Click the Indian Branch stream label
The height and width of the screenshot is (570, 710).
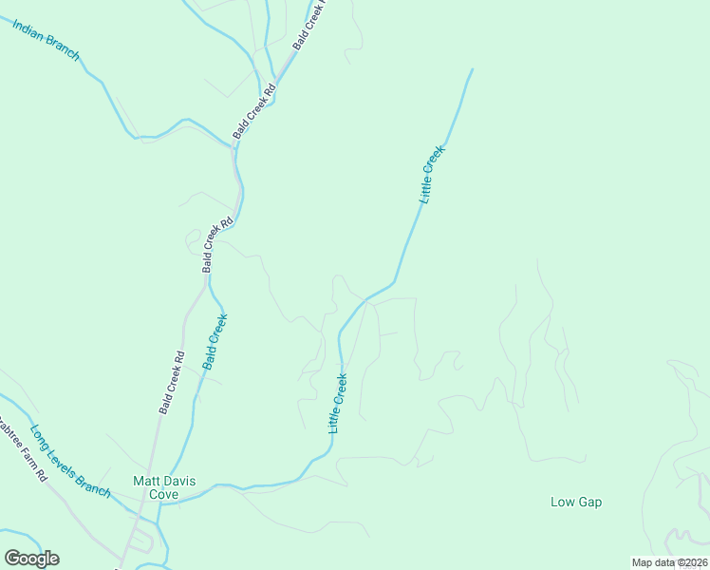(45, 38)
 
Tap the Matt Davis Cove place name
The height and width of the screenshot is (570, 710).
(163, 487)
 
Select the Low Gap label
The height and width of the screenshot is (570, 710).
(576, 502)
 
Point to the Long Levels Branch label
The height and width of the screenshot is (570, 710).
(69, 461)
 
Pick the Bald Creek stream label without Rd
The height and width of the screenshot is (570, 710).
(215, 342)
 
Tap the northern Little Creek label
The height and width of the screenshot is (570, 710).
(432, 174)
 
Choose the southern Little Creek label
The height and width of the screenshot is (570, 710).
(338, 404)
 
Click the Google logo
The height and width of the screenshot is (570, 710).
(31, 559)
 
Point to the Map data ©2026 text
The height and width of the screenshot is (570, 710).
(669, 562)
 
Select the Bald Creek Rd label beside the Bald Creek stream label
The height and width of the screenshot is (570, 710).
(172, 383)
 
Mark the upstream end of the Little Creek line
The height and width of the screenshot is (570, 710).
(472, 69)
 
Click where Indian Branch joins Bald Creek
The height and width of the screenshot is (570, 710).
(234, 146)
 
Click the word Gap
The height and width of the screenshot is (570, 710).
(590, 502)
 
